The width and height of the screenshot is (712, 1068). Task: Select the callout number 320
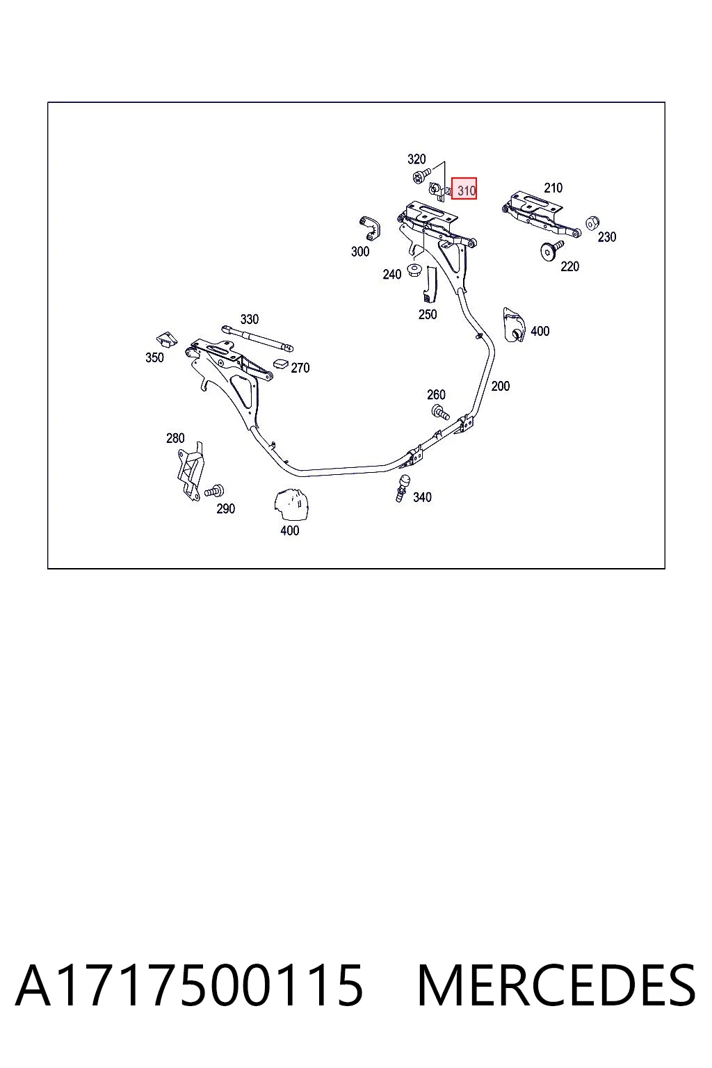coord(416,159)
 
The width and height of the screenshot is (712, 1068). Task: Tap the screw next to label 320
coord(421,175)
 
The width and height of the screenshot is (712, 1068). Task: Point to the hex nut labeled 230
coord(592,222)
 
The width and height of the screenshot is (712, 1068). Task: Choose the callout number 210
coord(553,188)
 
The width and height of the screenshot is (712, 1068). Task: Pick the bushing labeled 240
coord(414,270)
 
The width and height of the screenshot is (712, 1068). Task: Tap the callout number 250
coord(428,314)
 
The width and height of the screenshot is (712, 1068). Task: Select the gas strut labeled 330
coord(257,338)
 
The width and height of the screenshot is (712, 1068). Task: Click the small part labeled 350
coord(167,339)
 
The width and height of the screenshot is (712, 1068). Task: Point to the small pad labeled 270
coord(281,364)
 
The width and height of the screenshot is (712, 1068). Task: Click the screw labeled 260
coord(440,412)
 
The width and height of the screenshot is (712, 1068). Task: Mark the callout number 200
coord(500,386)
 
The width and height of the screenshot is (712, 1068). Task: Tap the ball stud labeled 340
coord(403,487)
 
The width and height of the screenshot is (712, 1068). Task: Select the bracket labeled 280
coord(191,471)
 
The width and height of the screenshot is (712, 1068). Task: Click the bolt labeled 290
coord(215,491)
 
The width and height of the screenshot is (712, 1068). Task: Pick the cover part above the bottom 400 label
coord(291,503)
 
